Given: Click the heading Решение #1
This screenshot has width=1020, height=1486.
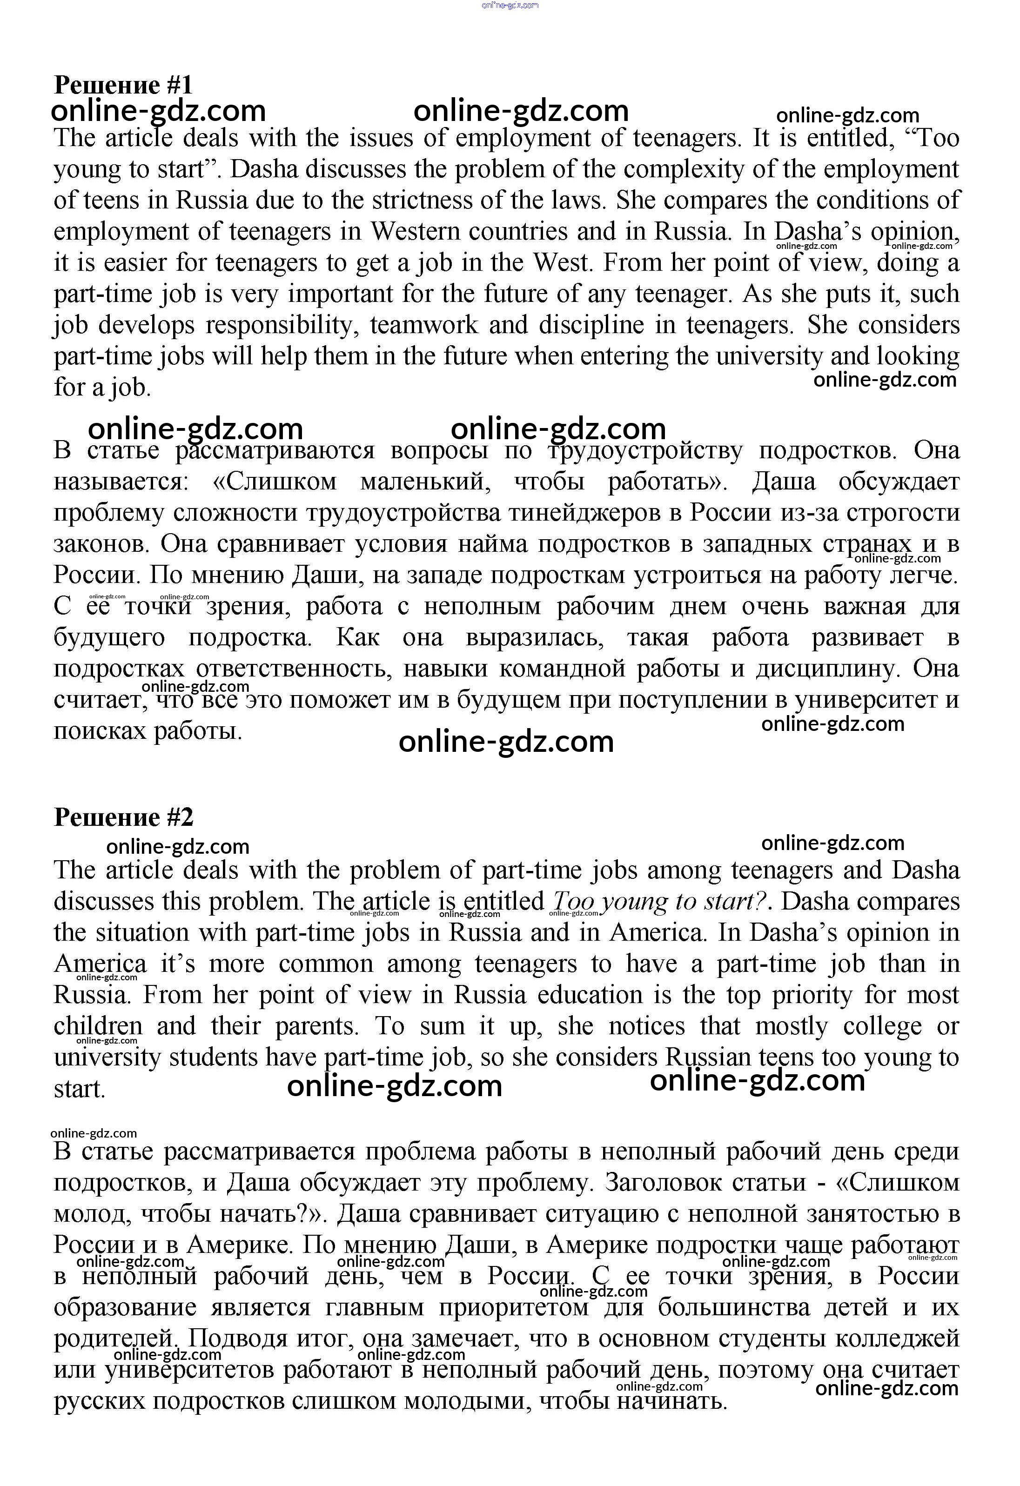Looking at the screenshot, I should pos(123,85).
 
